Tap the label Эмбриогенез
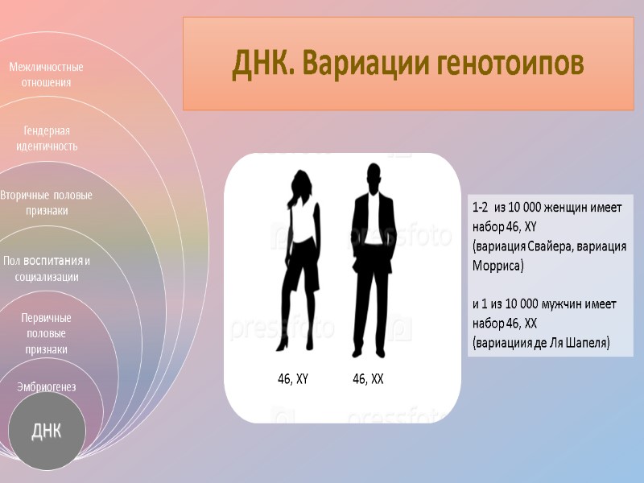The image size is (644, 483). (47, 387)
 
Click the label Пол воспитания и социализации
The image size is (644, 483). (46, 269)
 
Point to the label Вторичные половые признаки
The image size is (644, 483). (46, 203)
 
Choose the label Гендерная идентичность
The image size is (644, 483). (47, 138)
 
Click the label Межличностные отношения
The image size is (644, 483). (47, 74)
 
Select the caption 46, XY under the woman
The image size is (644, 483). (293, 378)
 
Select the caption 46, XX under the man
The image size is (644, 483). (368, 378)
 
